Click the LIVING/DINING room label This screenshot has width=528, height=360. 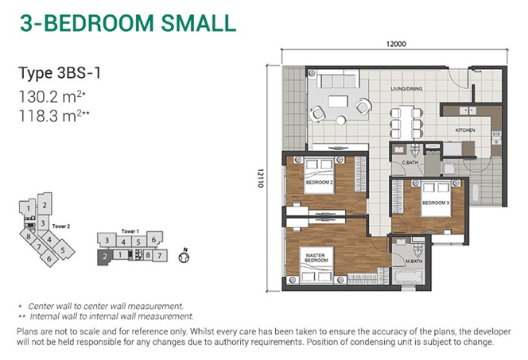[406, 89]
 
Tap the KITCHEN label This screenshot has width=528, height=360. [465, 130]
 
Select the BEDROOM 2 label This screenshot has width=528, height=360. [319, 182]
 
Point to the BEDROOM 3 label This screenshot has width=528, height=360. [436, 203]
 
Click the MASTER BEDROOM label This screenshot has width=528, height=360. [316, 257]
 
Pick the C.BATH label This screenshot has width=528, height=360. [410, 162]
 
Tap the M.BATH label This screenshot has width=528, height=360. [413, 261]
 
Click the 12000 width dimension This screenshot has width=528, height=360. [396, 44]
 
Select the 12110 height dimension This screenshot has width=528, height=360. [260, 178]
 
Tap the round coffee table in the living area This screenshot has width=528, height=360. [341, 120]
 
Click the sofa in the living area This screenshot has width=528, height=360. [338, 81]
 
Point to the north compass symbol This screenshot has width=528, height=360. [184, 256]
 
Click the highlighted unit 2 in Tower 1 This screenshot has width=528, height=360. [105, 257]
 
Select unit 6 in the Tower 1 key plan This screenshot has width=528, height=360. [154, 239]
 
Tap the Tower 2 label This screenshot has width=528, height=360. [61, 226]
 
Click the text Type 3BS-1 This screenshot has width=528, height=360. [60, 73]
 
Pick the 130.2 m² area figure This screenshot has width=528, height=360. [52, 97]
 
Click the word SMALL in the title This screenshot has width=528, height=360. [199, 23]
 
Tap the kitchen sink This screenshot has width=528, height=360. [468, 110]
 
